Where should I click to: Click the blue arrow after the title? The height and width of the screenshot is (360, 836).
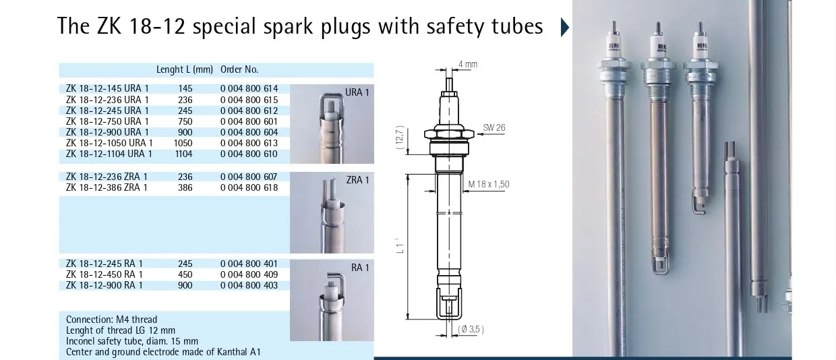coord(565,28)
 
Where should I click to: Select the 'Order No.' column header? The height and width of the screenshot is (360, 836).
coord(239,69)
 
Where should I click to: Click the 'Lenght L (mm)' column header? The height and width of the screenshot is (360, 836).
coord(184,69)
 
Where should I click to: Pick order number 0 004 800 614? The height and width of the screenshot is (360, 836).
coord(249,88)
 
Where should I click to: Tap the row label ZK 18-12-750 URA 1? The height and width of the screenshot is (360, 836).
coord(107,121)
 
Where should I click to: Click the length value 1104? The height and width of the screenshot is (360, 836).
coord(184,154)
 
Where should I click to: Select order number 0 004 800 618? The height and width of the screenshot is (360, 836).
coord(249,187)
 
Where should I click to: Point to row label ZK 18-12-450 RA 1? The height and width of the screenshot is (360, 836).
coord(104,274)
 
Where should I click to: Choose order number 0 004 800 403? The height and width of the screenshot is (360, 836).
coord(249,285)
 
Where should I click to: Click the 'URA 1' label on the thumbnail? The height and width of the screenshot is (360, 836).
coord(357,92)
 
